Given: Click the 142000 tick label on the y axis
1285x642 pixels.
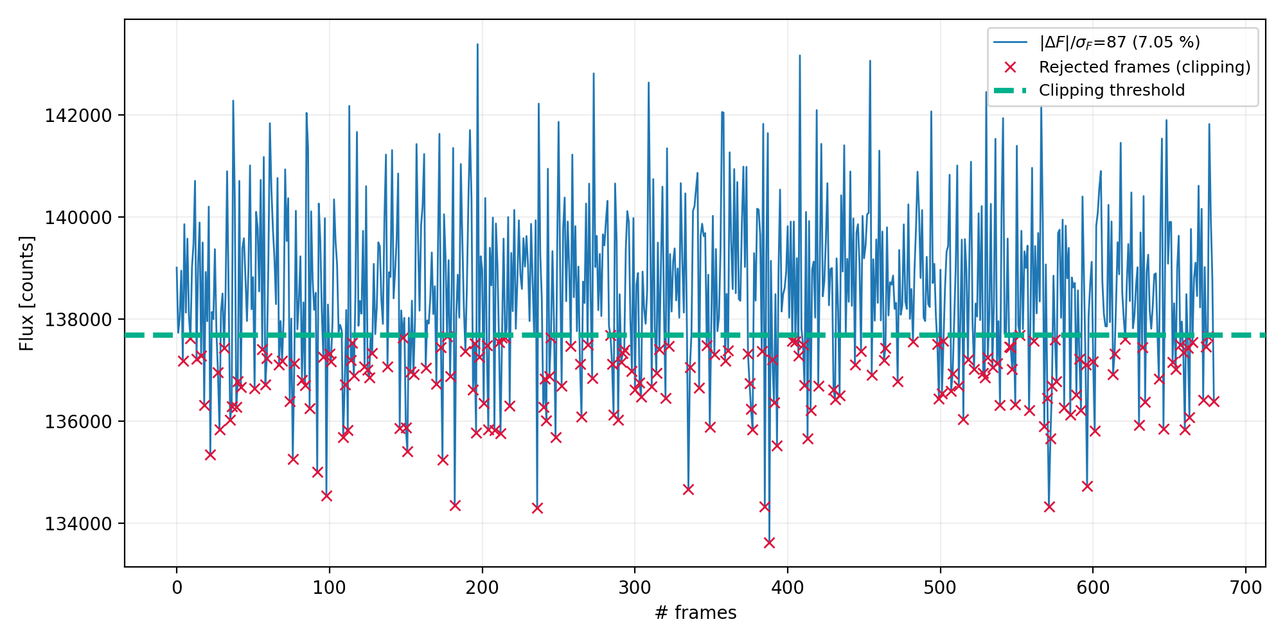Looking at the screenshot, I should pyautogui.click(x=78, y=116).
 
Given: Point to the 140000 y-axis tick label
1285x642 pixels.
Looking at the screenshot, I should pyautogui.click(x=78, y=218).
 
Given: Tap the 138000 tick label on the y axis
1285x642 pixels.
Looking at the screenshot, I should pyautogui.click(x=78, y=320).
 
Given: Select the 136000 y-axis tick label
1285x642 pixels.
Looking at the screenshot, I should pyautogui.click(x=78, y=422).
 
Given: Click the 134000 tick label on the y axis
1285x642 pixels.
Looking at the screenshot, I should pyautogui.click(x=78, y=524).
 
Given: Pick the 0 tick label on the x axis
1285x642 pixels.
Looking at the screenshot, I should pyautogui.click(x=177, y=588).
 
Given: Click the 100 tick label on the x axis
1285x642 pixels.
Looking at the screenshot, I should pyautogui.click(x=330, y=588).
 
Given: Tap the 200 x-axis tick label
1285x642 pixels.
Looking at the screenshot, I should pyautogui.click(x=482, y=588).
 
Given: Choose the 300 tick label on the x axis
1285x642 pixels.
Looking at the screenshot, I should pyautogui.click(x=635, y=588).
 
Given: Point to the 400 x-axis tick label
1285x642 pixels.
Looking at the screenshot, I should pyautogui.click(x=788, y=588).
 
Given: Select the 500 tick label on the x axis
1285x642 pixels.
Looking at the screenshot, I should pyautogui.click(x=941, y=588).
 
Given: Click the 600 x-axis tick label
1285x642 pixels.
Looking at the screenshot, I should pyautogui.click(x=1093, y=588).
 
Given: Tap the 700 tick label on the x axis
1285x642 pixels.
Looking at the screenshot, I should pyautogui.click(x=1246, y=588).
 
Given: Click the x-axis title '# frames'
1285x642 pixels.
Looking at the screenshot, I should pyautogui.click(x=695, y=613).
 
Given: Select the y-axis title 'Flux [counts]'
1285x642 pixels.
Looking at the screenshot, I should pyautogui.click(x=27, y=293).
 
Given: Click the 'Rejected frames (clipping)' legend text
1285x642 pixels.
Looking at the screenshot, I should pyautogui.click(x=1144, y=67).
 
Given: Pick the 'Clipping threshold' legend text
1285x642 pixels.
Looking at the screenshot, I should pyautogui.click(x=1112, y=91).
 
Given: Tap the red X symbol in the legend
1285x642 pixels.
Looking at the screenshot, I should pyautogui.click(x=1010, y=67).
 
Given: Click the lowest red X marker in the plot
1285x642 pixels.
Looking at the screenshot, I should pyautogui.click(x=769, y=543).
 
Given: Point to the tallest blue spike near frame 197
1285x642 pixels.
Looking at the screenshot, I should pyautogui.click(x=477, y=45).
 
